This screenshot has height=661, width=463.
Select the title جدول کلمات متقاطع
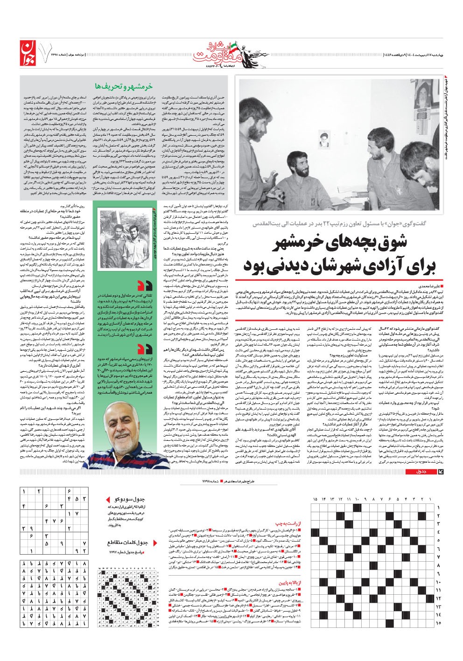pyautogui.click(x=127, y=543)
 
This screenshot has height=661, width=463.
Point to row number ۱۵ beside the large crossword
pyautogui.click(x=438, y=623)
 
